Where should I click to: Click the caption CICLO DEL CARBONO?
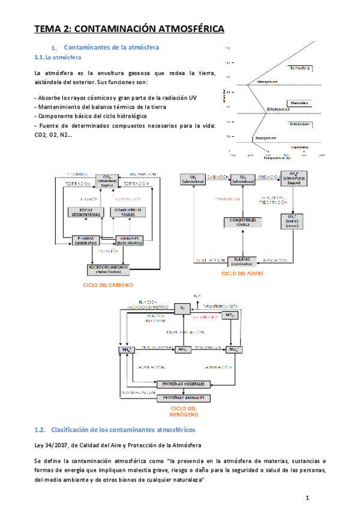tap(108, 285)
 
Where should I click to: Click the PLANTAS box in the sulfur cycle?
tap(242, 261)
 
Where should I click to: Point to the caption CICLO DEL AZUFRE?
tap(242, 273)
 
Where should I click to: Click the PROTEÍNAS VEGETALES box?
tap(184, 384)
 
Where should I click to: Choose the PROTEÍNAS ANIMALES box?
tap(184, 397)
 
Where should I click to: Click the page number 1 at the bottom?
tap(307, 498)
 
